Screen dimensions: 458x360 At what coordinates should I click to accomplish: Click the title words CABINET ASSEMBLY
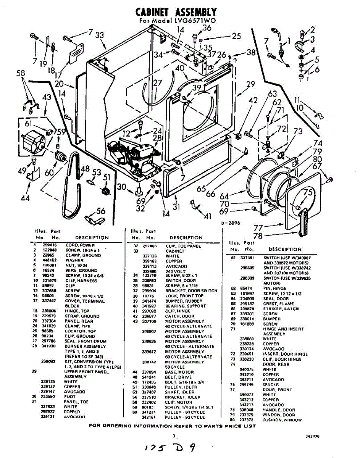point(176,12)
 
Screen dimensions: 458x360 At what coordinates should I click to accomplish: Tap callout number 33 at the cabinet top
point(100,35)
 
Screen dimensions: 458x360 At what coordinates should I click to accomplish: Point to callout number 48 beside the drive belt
point(85,168)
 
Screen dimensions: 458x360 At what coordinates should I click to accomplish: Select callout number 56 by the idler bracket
point(101,211)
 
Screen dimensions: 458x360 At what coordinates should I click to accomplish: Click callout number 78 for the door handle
point(258,236)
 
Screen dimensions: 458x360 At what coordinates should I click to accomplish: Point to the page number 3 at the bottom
point(173,435)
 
